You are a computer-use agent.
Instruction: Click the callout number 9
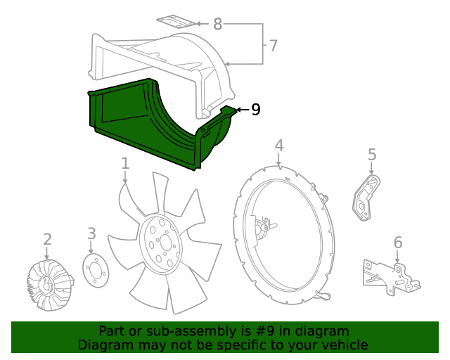(255, 109)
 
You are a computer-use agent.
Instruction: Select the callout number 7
(273, 46)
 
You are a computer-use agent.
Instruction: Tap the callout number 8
(217, 25)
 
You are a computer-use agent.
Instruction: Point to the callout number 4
(279, 146)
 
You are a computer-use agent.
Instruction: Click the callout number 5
(372, 154)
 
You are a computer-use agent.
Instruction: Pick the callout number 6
(398, 243)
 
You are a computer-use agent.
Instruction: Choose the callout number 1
(125, 164)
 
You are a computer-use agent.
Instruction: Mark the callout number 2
(47, 239)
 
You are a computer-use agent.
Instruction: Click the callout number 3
(91, 233)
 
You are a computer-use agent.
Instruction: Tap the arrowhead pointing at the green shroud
(238, 109)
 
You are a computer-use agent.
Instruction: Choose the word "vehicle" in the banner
(343, 345)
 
